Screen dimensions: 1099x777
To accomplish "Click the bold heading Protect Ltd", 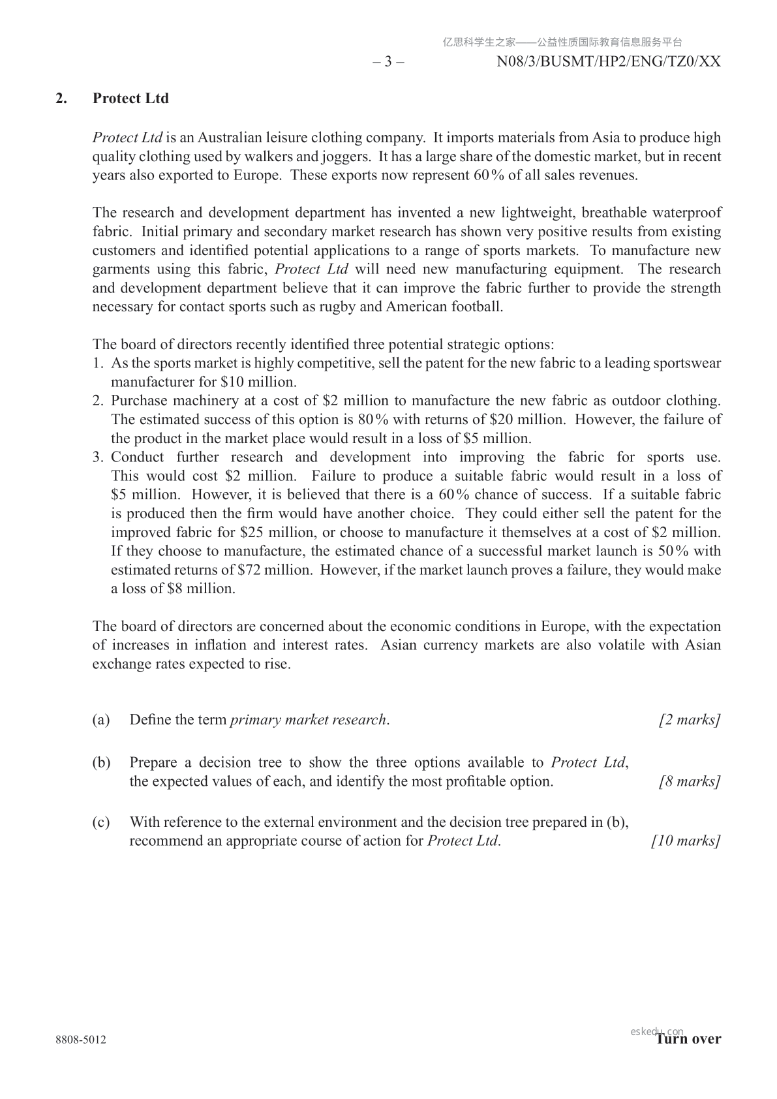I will tap(130, 99).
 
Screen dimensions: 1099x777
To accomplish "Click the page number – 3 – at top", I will tap(388, 62).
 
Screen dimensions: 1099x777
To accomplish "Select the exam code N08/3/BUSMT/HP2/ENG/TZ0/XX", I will tap(609, 62).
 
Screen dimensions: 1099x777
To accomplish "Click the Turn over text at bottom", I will tap(689, 1039).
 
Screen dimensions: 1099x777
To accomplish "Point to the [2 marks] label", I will tap(690, 720).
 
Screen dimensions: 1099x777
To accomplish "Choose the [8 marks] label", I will tap(690, 781).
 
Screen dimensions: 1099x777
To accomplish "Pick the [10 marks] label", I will tap(686, 841).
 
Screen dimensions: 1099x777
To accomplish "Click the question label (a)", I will tap(101, 720).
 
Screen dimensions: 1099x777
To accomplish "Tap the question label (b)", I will tap(101, 762).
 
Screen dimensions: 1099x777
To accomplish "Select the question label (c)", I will tap(101, 822).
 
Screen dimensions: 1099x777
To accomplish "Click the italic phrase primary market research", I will tap(309, 720).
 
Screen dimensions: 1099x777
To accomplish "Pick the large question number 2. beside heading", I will tap(61, 99).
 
